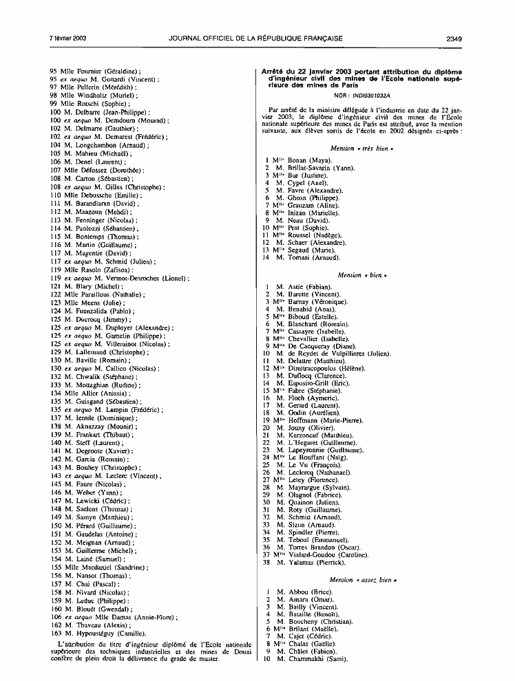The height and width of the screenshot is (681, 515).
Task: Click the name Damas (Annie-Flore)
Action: tap(131, 615)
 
